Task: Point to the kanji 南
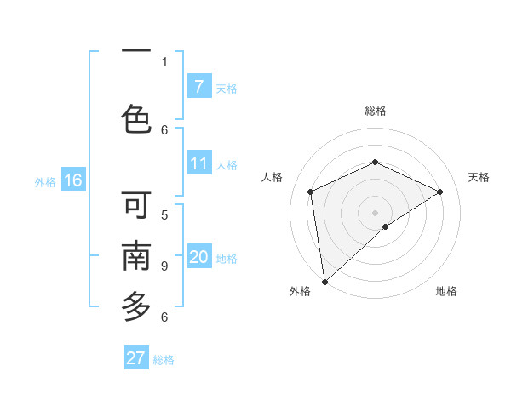pos(136,256)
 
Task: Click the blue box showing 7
pos(198,87)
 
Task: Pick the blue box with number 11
pos(198,163)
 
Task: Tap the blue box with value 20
pos(198,257)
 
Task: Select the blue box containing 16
pos(72,180)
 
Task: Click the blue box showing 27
pos(136,358)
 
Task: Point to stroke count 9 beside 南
pos(164,266)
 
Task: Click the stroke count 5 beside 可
pos(164,214)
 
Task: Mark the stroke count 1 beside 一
pos(164,61)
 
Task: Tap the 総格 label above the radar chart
pos(375,111)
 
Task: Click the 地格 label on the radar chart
pos(446,291)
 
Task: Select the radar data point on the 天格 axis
pos(440,191)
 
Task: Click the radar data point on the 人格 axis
pos(311,191)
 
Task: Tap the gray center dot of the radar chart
pos(375,212)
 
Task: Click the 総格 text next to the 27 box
pos(164,359)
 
